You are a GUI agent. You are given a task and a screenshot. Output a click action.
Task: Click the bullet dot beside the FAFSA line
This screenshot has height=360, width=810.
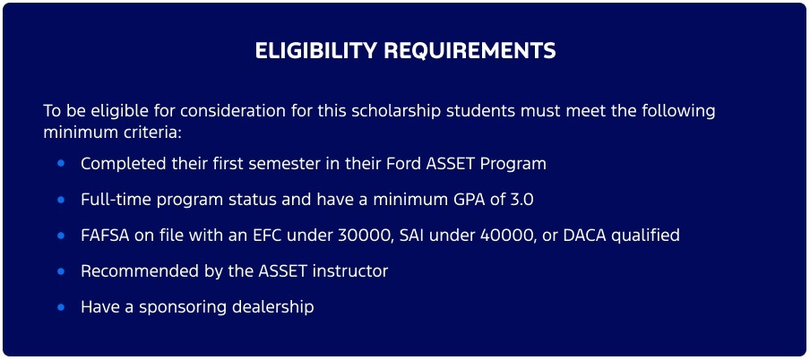[x=61, y=236]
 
